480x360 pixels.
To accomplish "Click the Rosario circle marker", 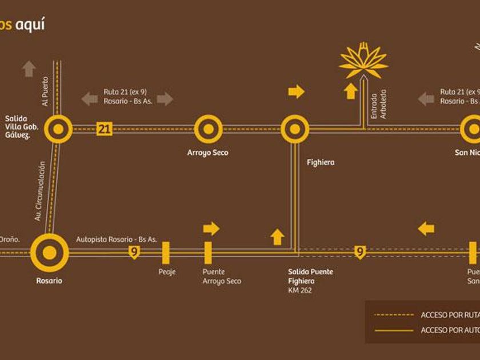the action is [x=49, y=252].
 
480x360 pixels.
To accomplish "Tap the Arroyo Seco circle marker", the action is [x=208, y=129].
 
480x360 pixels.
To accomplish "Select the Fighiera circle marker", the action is [x=295, y=129].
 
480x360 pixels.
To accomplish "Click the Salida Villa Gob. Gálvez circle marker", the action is [x=58, y=129].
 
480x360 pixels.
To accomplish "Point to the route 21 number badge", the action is [x=104, y=129].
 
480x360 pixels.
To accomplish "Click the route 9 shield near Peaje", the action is [x=134, y=252].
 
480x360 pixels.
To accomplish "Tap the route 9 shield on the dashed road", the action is [x=359, y=252].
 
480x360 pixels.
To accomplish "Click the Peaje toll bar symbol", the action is [x=166, y=253].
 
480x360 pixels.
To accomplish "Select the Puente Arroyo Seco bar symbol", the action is [x=208, y=253].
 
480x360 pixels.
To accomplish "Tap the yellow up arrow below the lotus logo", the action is [x=351, y=90].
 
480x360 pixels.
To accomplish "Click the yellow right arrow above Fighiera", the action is [x=297, y=91].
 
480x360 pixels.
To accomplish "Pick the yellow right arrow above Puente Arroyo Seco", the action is [x=211, y=229].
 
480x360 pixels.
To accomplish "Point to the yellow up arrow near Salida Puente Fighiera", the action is [x=277, y=237].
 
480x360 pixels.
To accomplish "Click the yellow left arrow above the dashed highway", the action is [x=426, y=229].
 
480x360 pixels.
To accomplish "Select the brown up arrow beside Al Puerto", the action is [x=29, y=69].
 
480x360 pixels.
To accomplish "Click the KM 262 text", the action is [x=300, y=290].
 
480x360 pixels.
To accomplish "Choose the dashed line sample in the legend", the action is [x=393, y=315].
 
